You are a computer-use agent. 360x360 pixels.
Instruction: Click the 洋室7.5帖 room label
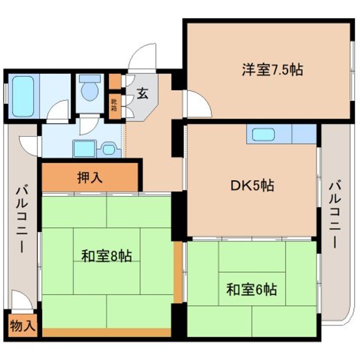[x=272, y=70]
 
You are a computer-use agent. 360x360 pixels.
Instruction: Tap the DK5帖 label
[x=251, y=186]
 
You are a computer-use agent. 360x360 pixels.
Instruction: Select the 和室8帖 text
[x=106, y=256]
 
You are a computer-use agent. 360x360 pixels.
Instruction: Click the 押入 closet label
[x=90, y=177]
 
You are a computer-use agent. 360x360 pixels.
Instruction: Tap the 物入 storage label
[x=22, y=326]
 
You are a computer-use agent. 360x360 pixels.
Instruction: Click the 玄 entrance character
[x=142, y=93]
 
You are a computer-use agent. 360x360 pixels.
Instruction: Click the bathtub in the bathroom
[x=22, y=96]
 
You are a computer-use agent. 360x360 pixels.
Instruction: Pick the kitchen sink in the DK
[x=262, y=134]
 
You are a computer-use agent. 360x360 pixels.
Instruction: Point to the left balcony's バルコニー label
[x=21, y=218]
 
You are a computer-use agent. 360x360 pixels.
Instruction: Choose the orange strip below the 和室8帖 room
[x=106, y=332]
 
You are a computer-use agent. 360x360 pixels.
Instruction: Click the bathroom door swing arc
[x=59, y=111]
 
